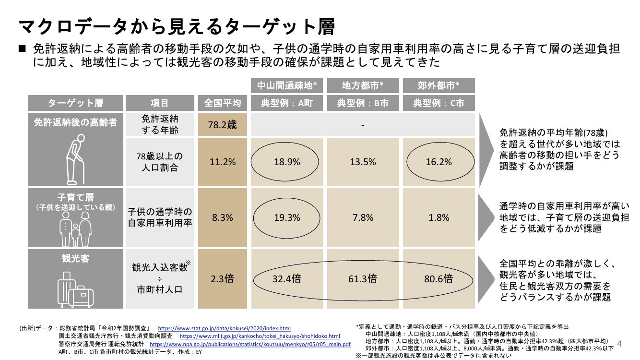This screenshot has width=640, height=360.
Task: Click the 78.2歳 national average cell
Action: tap(222, 125)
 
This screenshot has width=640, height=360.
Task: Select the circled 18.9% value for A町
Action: tap(287, 162)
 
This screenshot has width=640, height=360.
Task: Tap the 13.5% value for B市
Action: tap(363, 162)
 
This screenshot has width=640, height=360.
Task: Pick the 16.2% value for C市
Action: tap(439, 162)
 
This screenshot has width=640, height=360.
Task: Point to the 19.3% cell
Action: tap(287, 217)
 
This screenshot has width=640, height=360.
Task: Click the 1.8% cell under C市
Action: tap(439, 217)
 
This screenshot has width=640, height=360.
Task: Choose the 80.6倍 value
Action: tap(439, 278)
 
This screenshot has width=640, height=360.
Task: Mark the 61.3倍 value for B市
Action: tap(363, 278)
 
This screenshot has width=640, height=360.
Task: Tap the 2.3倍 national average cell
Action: tap(222, 278)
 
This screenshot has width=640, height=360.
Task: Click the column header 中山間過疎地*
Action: tap(287, 85)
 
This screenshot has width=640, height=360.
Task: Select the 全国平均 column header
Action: tap(222, 103)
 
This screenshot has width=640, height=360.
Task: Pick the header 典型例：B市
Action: tap(363, 103)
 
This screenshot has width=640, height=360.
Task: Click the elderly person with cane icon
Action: tap(76, 159)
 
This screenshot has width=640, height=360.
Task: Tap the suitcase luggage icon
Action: tap(75, 289)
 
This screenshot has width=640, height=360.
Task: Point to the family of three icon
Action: tap(75, 229)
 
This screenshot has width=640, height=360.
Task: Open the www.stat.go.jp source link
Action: tap(224, 328)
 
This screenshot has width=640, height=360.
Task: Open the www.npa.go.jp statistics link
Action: tap(250, 344)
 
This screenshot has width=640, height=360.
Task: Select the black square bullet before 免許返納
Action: tap(22, 48)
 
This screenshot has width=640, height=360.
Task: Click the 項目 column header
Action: tap(160, 103)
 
